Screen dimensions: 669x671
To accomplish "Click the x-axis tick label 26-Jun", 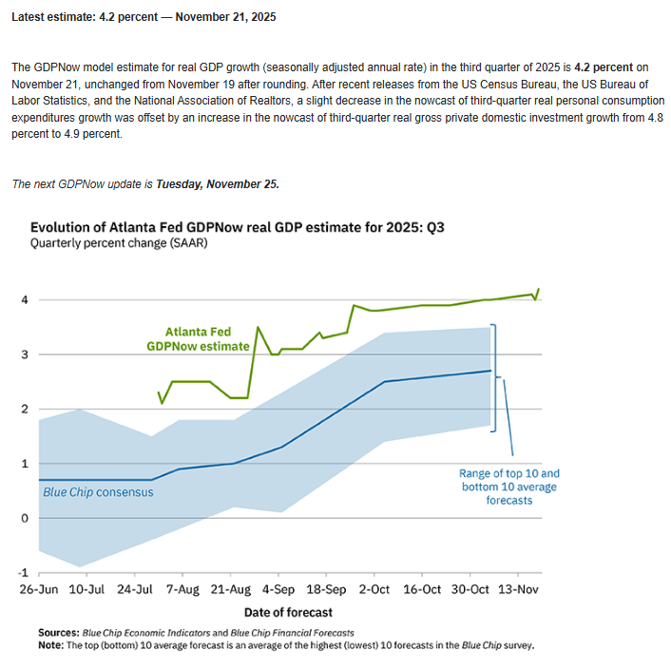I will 39,589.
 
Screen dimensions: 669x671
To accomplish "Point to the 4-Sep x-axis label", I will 278,589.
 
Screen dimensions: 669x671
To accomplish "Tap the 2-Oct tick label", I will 374,589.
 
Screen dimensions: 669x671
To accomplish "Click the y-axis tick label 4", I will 26,300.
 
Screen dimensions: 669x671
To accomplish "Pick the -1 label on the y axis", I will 24,573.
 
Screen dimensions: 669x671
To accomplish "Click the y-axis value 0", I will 26,519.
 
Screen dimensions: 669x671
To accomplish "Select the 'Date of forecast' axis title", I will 289,611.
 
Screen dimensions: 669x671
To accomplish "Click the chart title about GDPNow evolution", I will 250,227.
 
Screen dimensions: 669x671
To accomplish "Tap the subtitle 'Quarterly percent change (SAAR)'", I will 119,243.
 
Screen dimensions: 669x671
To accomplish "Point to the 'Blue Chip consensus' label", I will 98,492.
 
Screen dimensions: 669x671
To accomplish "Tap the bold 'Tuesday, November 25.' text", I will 218,183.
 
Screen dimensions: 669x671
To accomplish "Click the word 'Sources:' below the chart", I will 59,632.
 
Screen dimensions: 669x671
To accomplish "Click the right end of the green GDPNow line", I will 539,289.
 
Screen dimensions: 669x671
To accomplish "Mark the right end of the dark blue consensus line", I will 490,371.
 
